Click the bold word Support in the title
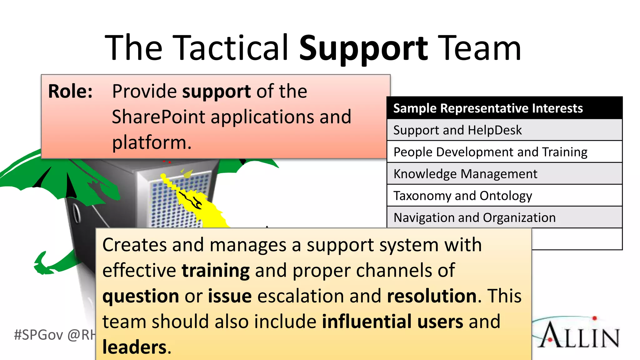(x=363, y=48)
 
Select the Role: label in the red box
(x=70, y=91)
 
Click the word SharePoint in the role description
(x=158, y=117)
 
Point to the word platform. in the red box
(x=152, y=142)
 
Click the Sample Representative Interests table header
(x=488, y=108)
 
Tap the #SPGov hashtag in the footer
(x=38, y=335)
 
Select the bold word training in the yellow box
(x=216, y=271)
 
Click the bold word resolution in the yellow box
(x=432, y=296)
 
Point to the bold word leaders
(x=135, y=347)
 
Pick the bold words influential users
(x=392, y=322)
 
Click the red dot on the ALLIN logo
(x=594, y=318)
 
